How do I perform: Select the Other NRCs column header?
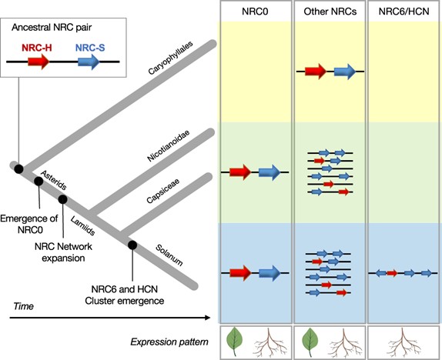coord(329,11)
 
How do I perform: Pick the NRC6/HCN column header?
coord(403,11)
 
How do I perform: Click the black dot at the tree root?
coord(17,168)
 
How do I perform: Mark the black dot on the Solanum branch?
coord(132,245)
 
